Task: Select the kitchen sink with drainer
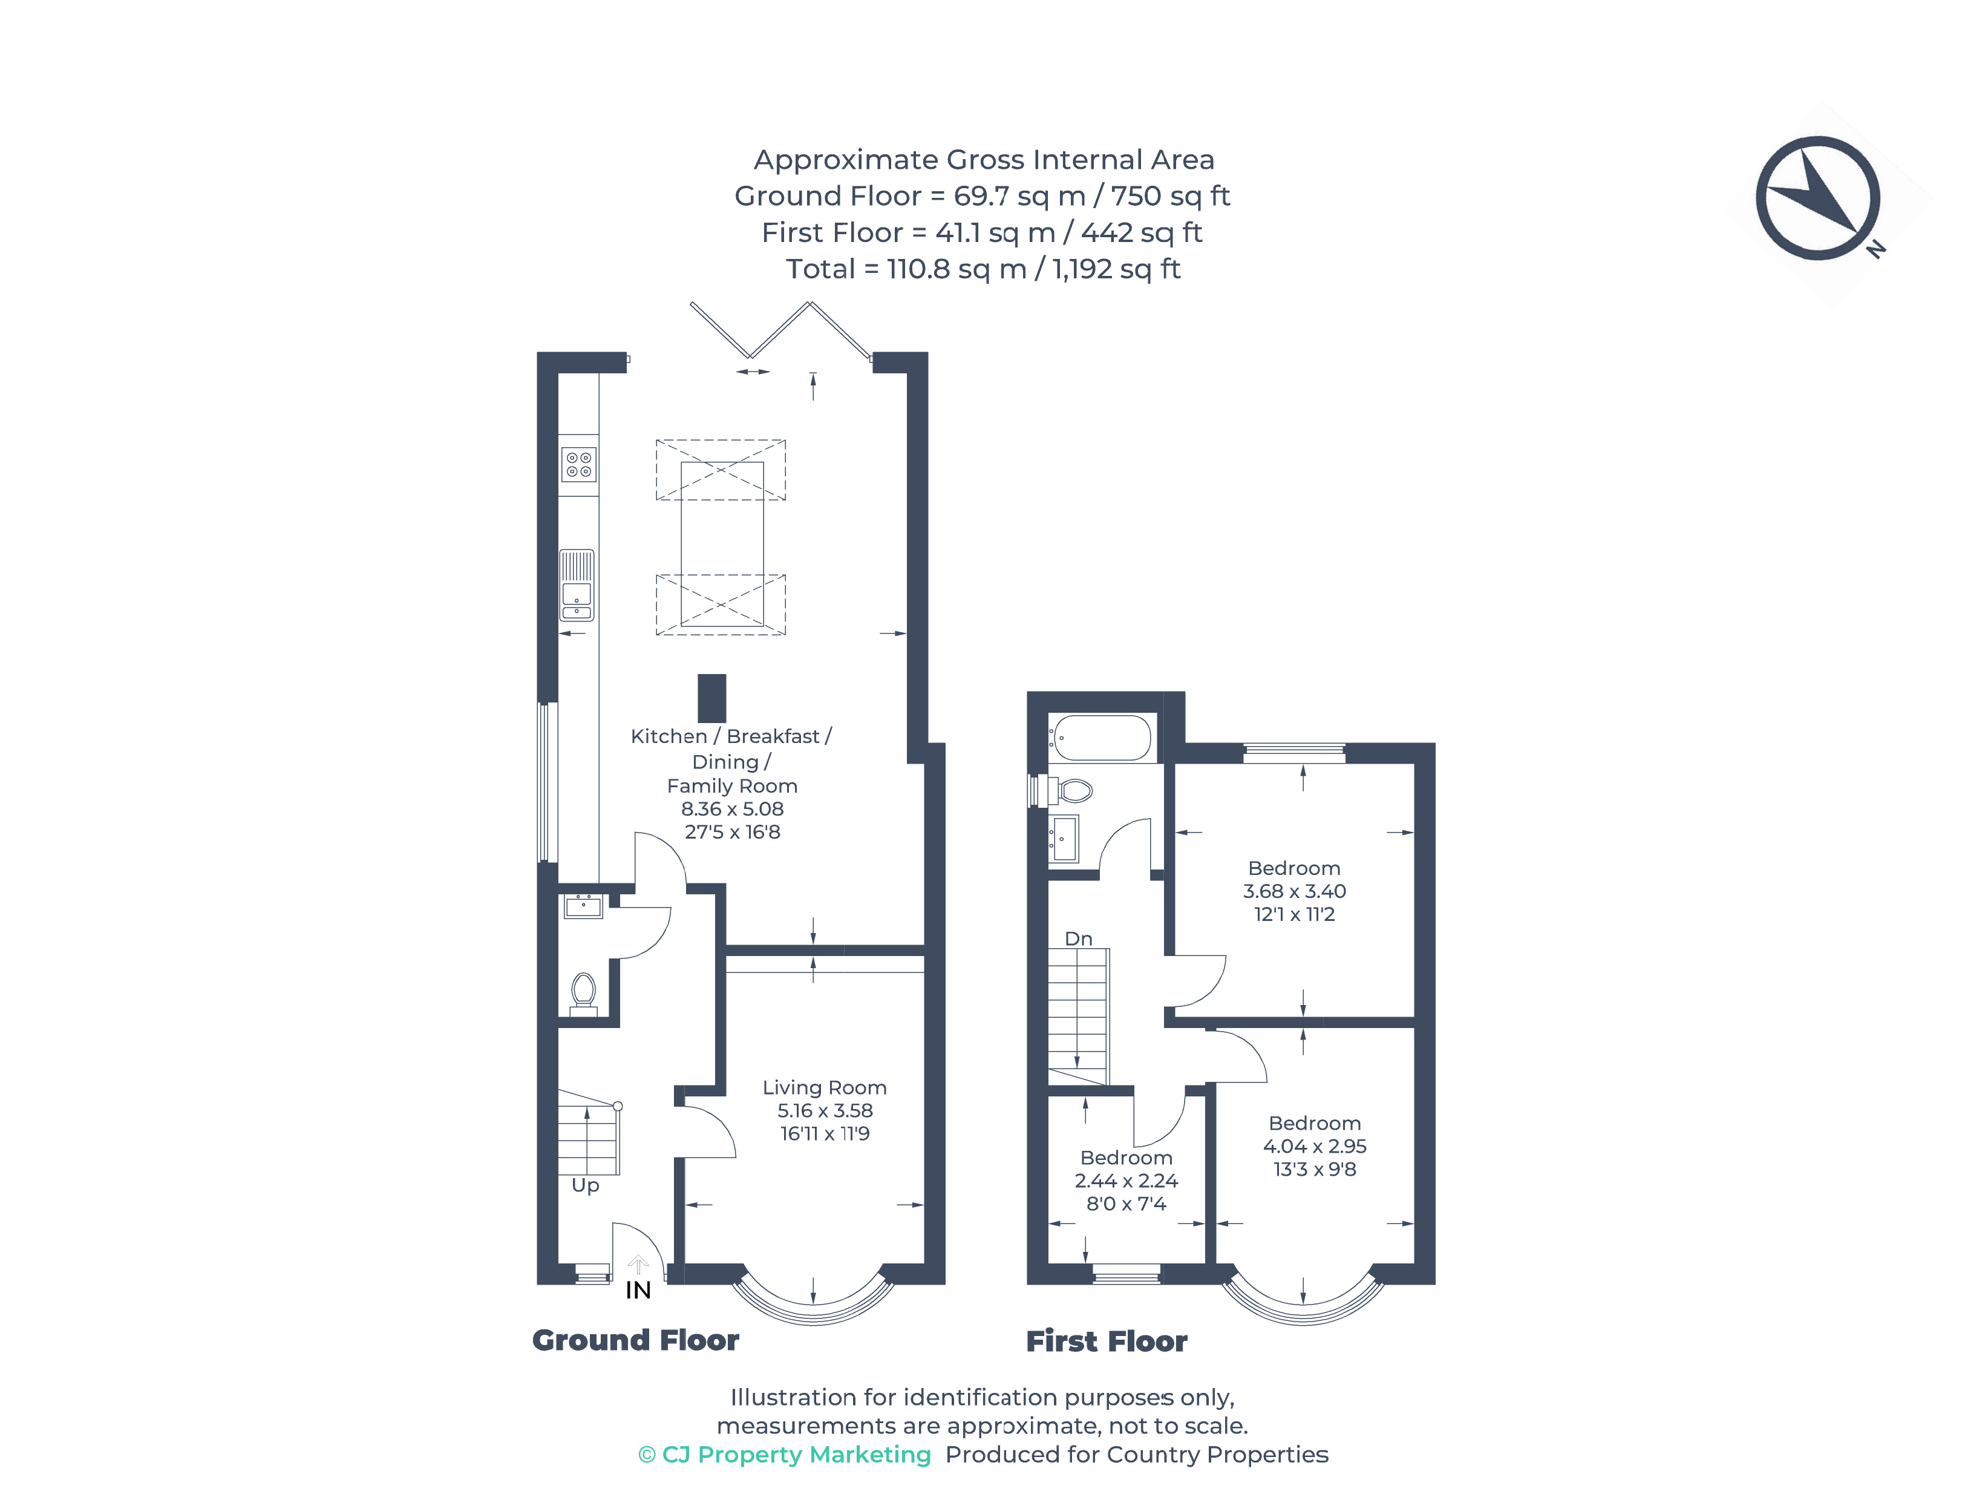[577, 585]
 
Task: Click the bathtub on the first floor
[1100, 738]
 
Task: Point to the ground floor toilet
[584, 992]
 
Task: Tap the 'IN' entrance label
[637, 1290]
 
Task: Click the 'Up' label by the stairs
[584, 1185]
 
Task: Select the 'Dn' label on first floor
[1078, 938]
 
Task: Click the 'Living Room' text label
[824, 1087]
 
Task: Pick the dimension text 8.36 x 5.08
[732, 809]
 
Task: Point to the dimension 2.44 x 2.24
[1126, 1181]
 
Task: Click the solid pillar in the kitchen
[711, 698]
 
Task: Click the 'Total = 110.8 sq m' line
[982, 269]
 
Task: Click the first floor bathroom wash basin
[1064, 839]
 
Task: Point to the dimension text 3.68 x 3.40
[1293, 891]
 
